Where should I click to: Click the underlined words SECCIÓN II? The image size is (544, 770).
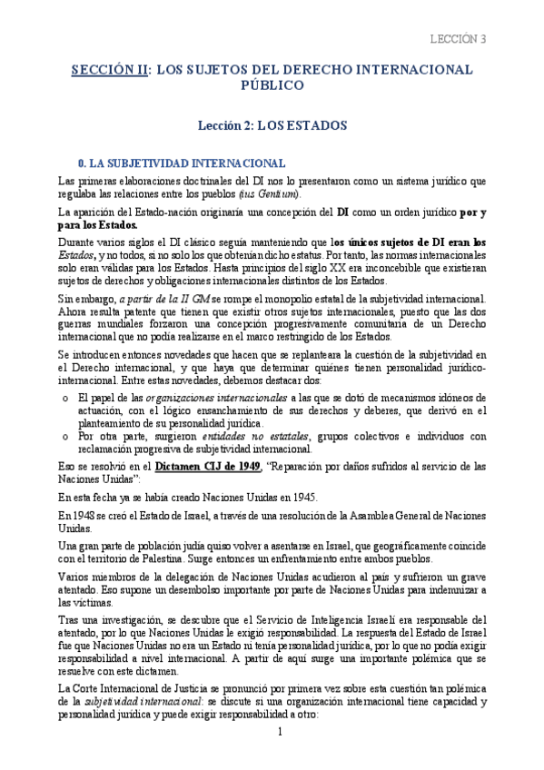tap(109, 70)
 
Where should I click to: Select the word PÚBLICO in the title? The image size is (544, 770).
tap(272, 86)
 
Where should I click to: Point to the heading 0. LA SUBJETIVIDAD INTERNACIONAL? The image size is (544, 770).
tap(170, 163)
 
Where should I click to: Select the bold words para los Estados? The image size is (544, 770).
tap(96, 225)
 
